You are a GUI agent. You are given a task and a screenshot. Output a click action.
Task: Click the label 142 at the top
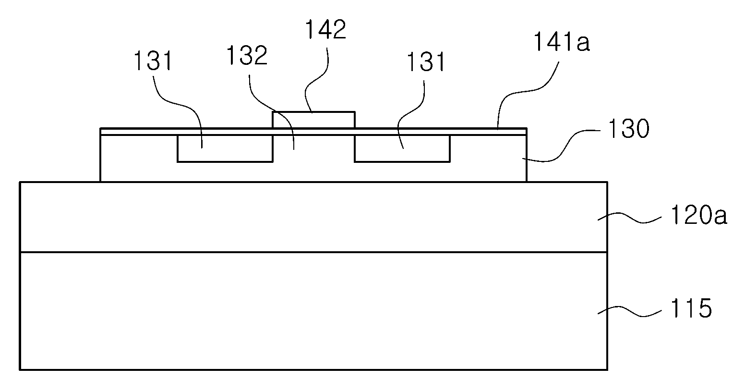325,30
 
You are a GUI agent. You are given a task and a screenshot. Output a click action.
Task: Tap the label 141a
562,42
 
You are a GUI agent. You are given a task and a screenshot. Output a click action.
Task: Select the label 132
247,55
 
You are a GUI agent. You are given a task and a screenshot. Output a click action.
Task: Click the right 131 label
426,62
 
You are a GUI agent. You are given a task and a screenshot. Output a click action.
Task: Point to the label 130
629,128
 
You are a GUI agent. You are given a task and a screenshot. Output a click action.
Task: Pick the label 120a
698,215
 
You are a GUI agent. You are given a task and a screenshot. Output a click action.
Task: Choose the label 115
691,308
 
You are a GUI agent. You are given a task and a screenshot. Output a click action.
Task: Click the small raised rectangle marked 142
313,120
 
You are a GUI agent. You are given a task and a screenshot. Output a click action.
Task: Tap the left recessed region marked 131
225,148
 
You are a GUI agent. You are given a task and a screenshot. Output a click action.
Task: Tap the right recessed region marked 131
402,148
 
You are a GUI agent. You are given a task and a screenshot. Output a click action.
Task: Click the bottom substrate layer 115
313,311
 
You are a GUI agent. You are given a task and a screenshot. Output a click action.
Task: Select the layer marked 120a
313,217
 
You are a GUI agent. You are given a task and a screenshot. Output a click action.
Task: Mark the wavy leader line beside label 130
562,146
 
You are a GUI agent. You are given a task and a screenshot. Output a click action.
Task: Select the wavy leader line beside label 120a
630,219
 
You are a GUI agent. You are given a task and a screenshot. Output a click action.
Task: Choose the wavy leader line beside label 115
630,312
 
